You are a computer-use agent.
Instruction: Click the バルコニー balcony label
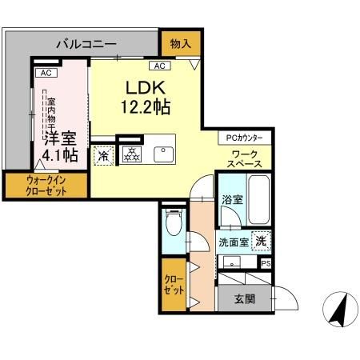tap(86, 44)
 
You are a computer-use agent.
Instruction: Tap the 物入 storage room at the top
tap(181, 44)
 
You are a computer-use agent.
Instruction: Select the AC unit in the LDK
tap(160, 66)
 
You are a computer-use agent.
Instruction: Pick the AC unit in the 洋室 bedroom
tap(46, 73)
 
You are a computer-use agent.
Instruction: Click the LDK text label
tap(146, 88)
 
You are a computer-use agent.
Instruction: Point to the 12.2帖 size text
tap(146, 107)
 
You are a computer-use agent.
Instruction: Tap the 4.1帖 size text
tap(60, 155)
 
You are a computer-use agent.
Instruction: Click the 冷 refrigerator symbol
tap(104, 156)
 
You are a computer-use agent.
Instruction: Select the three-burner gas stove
tap(132, 154)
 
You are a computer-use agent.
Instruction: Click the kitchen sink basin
tap(163, 154)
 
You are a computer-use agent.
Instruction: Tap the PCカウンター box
tap(245, 138)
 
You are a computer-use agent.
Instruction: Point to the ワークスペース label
tap(244, 159)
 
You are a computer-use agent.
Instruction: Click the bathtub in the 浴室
tap(258, 200)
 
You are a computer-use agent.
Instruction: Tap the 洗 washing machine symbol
tap(262, 241)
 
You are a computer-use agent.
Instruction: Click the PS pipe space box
tap(266, 264)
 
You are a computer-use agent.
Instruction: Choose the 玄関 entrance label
tap(245, 299)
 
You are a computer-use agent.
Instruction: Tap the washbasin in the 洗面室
tap(232, 262)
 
